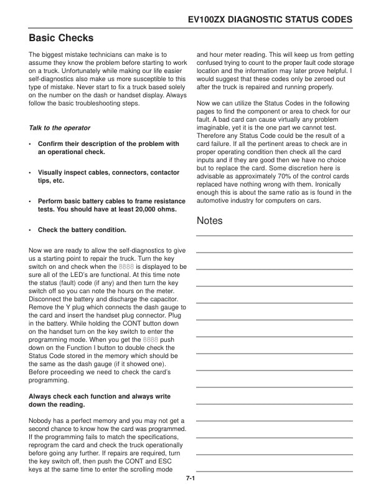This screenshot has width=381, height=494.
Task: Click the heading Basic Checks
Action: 61,38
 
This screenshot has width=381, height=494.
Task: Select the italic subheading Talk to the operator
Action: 60,128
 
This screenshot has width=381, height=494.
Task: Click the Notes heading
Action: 209,221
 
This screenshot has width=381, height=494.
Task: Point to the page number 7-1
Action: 190,478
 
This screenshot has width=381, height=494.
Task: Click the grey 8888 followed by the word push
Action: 151,340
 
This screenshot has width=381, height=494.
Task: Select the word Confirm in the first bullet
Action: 52,143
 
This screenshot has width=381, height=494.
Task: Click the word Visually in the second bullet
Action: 52,172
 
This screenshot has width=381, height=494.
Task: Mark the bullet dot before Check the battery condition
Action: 30,230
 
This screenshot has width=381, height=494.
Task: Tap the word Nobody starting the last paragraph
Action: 42,421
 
